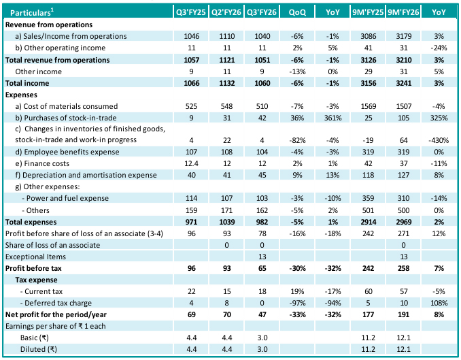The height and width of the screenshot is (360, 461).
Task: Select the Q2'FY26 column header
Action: click(x=227, y=12)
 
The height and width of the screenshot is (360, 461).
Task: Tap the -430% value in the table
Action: click(x=439, y=140)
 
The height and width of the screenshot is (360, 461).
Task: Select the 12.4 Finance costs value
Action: click(x=192, y=164)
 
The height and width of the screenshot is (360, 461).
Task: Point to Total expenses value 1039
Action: click(x=227, y=223)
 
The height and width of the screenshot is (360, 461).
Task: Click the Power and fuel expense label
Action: click(x=67, y=199)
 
